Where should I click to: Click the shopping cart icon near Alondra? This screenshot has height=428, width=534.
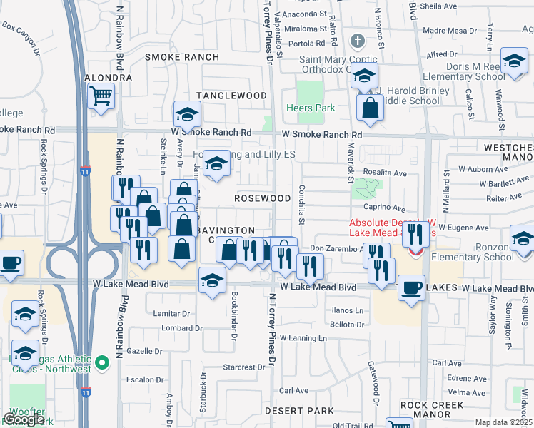coord(101,95)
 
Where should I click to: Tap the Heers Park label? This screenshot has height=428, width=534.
coord(310,108)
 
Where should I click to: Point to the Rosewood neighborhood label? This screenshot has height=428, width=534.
coord(263,198)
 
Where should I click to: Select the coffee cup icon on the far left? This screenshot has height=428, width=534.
coord(11,263)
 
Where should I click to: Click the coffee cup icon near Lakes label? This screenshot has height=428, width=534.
coord(411,288)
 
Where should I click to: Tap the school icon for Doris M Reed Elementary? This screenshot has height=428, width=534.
coord(514,62)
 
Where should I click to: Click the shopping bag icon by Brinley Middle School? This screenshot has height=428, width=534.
coord(371,108)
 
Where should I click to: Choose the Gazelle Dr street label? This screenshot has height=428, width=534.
coord(146,352)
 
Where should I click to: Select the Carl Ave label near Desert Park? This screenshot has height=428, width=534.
coord(293,390)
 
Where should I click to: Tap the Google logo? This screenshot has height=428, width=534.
coord(24,419)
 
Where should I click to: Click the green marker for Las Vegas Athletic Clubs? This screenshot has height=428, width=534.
coord(103,362)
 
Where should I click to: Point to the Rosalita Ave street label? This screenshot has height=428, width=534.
coord(385,173)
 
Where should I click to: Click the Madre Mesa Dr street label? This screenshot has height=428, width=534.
coord(450,30)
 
